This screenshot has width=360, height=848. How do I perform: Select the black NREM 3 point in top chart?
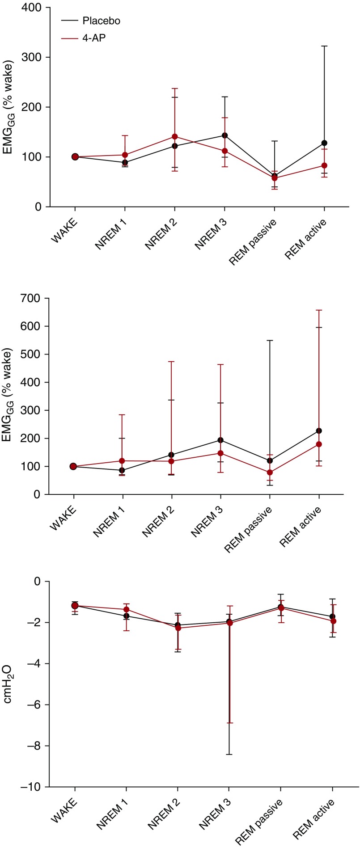click(x=224, y=135)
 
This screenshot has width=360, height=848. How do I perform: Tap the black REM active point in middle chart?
click(x=318, y=431)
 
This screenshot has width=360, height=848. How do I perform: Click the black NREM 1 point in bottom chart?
click(x=127, y=616)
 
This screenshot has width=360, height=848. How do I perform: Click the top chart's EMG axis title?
click(x=11, y=107)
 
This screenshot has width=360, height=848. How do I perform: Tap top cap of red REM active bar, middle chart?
click(x=318, y=310)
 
